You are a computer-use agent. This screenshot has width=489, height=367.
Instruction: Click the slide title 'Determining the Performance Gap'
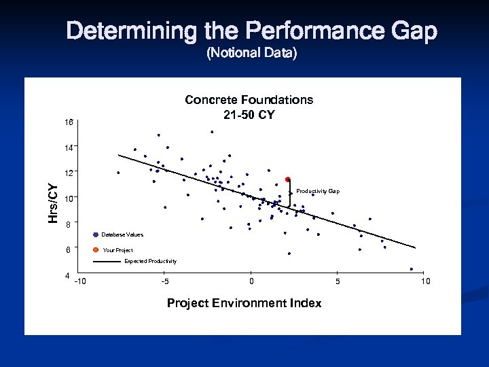point(252,31)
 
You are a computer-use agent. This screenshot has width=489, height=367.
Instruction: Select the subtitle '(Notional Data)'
point(251,53)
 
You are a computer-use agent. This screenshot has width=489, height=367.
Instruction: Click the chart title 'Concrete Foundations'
point(249,100)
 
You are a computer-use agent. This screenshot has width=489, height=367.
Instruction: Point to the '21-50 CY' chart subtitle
point(249,114)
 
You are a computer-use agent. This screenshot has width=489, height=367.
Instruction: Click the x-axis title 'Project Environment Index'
point(244,303)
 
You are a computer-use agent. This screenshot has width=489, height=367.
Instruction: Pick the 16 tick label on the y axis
point(69,122)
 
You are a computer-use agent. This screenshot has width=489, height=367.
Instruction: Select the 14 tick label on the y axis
point(69,147)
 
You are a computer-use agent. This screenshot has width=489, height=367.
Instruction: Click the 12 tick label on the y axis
point(69,172)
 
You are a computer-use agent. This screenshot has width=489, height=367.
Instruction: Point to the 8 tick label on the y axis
point(68,224)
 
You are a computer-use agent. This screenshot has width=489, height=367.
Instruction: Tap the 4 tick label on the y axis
point(67,276)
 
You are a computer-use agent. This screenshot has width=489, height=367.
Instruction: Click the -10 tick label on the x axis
point(80,281)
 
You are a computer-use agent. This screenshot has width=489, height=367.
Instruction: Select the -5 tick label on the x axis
point(165,281)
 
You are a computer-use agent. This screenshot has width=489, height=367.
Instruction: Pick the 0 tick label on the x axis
point(251,281)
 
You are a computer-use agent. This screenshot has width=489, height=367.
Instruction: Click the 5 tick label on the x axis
point(338,281)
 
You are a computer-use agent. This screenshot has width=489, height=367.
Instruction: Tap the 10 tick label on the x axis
point(425,281)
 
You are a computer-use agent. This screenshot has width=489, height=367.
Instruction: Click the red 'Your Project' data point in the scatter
point(288,179)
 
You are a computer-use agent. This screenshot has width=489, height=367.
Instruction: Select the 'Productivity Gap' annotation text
point(318,192)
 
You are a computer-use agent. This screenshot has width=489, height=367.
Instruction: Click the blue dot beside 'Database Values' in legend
point(96,234)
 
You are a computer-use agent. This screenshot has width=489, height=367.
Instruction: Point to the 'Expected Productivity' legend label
point(150,261)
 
